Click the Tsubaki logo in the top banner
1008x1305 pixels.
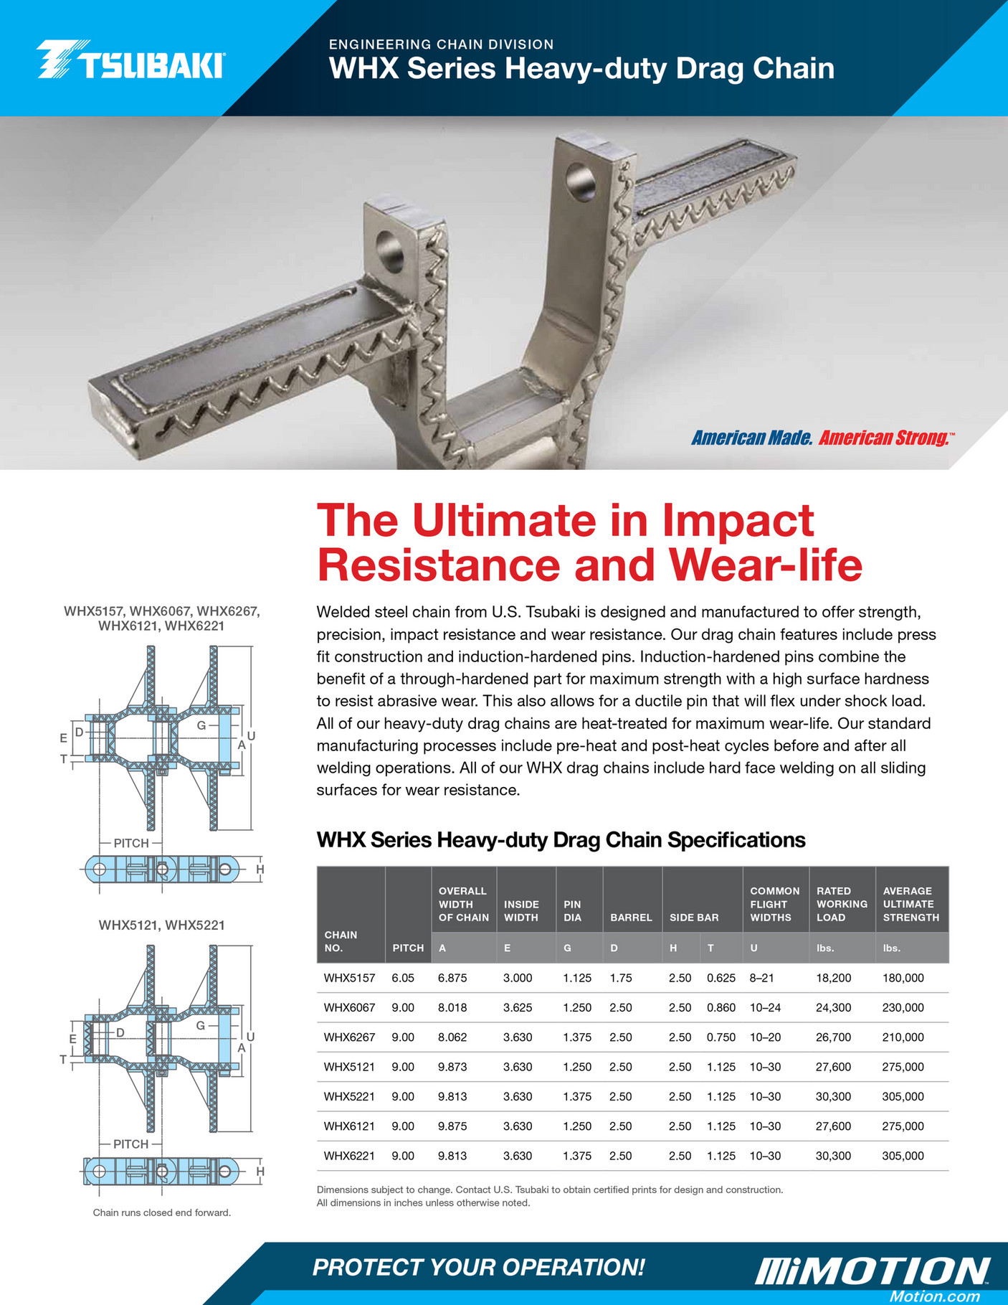point(130,60)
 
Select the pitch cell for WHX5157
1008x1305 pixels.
point(403,978)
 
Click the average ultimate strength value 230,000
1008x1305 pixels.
point(903,1007)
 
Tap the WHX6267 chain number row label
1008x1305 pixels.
point(349,1037)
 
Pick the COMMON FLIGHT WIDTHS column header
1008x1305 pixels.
point(774,904)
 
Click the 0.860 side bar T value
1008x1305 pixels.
point(721,1007)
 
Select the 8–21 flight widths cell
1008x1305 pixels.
point(761,978)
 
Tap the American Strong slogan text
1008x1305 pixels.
point(884,438)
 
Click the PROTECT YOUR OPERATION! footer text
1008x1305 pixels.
point(478,1267)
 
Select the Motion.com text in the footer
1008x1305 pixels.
point(934,1296)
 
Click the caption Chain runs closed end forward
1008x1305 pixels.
point(162,1212)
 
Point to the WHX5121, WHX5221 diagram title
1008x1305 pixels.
point(161,925)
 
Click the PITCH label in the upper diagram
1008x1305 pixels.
point(131,843)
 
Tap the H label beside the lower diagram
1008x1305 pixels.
point(260,1172)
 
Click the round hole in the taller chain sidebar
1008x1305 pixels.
point(580,182)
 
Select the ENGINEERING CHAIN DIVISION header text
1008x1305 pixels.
point(441,44)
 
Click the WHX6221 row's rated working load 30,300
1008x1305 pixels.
point(833,1156)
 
